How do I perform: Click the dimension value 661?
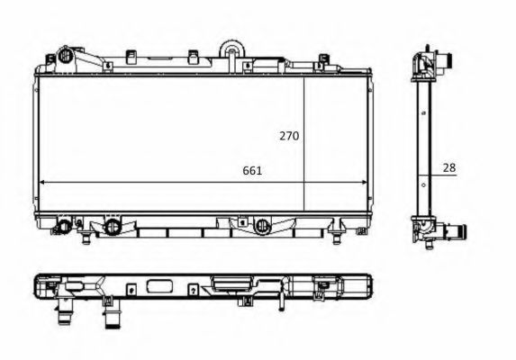(x=252, y=170)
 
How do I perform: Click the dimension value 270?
(x=288, y=136)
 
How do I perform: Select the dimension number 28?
(x=449, y=166)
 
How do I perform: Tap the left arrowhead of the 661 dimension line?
(x=42, y=182)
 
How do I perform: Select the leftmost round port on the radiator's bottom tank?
(x=65, y=225)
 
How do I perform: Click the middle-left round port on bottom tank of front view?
(x=113, y=226)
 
